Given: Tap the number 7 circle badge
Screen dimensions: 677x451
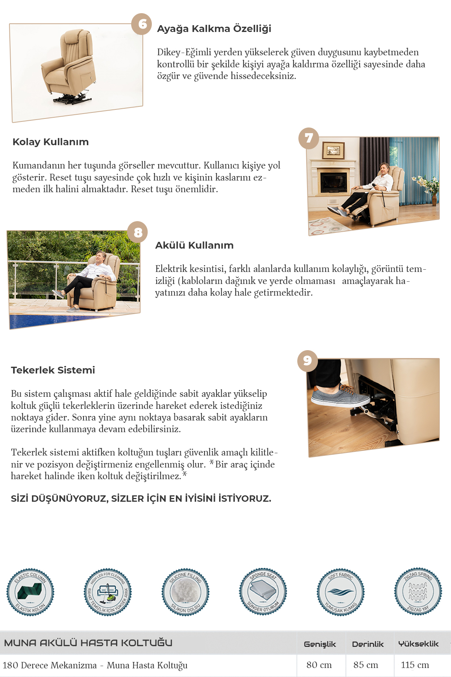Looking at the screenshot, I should coord(309,138).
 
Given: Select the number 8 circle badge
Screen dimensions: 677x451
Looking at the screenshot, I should coord(138,232).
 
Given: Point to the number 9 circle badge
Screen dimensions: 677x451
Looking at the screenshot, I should coord(307,361).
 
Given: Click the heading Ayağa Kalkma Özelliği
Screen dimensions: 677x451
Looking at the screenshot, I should coord(214,29).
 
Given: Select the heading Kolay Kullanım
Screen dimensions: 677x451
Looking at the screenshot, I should coord(51,142).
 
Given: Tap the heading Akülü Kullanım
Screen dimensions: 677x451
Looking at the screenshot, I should coord(194,245).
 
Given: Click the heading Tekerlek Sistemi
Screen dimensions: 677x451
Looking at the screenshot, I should coord(53,370).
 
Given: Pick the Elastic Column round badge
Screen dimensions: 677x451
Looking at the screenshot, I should coord(30,592).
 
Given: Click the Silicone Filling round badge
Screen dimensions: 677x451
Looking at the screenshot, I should coord(186,592).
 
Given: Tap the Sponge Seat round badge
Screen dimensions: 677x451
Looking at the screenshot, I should coord(263,592).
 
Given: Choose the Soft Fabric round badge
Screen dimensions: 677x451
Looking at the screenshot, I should coord(341,592).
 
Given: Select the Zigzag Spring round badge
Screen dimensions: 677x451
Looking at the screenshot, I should coord(418,592).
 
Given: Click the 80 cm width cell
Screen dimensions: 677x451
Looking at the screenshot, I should coord(319,665).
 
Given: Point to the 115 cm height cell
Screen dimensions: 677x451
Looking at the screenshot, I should coord(415,665).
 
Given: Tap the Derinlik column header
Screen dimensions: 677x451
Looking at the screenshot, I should coord(368,644).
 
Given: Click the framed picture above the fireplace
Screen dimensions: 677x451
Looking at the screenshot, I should coord(333,150).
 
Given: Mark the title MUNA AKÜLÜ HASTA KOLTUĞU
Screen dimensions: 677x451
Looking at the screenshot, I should coord(88,643).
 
